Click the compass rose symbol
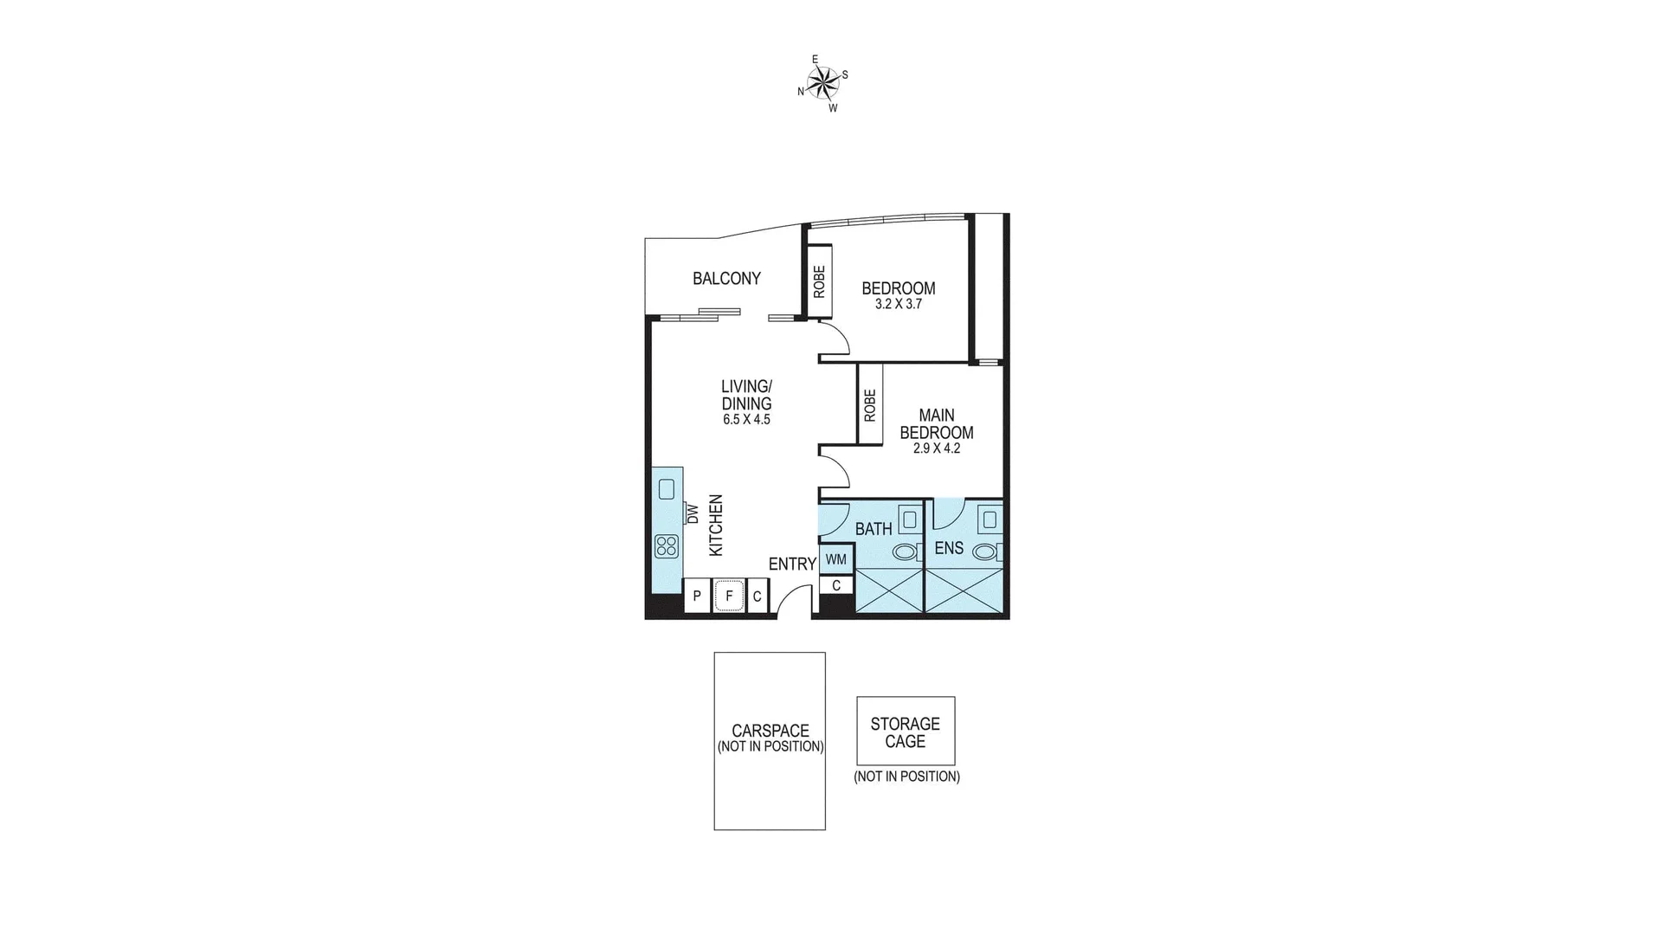pyautogui.click(x=822, y=83)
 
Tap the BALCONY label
pyautogui.click(x=726, y=278)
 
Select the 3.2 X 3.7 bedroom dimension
pyautogui.click(x=898, y=304)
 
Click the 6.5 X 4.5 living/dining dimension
pyautogui.click(x=746, y=419)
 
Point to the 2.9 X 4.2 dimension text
pyautogui.click(x=936, y=448)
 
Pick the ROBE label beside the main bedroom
pyautogui.click(x=870, y=404)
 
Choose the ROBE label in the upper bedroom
pyautogui.click(x=819, y=281)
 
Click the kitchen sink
pyautogui.click(x=666, y=489)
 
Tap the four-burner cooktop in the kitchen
pyautogui.click(x=667, y=545)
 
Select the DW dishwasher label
pyautogui.click(x=693, y=513)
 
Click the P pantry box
pyautogui.click(x=697, y=596)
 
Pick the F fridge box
pyautogui.click(x=729, y=596)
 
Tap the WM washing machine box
pyautogui.click(x=835, y=559)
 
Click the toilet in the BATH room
pyautogui.click(x=907, y=551)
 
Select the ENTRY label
pyautogui.click(x=792, y=564)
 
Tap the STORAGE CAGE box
pyautogui.click(x=906, y=732)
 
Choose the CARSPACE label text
pyautogui.click(x=770, y=731)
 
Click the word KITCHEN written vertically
pyautogui.click(x=716, y=526)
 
